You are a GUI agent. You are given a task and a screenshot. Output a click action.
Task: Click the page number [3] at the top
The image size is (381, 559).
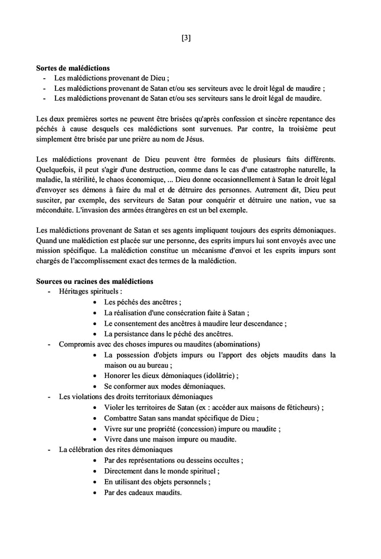pyautogui.click(x=186, y=38)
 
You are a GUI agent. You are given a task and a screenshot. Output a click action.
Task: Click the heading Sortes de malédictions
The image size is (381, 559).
pyautogui.click(x=73, y=69)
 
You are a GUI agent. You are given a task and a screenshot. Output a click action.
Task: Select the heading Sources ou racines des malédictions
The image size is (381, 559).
pyautogui.click(x=95, y=281)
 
